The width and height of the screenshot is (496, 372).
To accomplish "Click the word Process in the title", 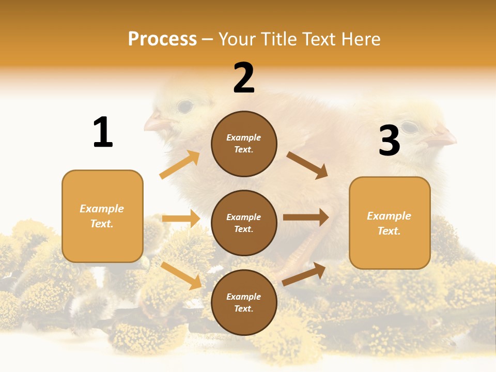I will tap(162, 39).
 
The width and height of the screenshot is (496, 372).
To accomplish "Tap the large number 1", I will tap(103, 132).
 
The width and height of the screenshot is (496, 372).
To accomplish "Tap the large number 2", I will tap(244, 78).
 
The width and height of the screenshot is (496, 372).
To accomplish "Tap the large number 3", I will tap(390, 141).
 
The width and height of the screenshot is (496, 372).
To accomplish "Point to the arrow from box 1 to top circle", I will tap(180, 165).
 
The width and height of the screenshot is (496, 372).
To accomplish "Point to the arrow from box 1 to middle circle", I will tap(181, 219).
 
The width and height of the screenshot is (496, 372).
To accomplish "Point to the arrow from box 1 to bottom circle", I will tap(181, 275).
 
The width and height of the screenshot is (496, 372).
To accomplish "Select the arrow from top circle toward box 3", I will tap(307, 165).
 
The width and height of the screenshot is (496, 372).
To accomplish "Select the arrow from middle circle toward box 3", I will tap(306, 217).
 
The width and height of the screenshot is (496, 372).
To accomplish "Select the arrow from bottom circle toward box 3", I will tap(304, 274).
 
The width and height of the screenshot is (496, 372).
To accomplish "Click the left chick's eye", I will tap(184, 106).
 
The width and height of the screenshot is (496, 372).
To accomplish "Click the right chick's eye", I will tap(409, 127).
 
